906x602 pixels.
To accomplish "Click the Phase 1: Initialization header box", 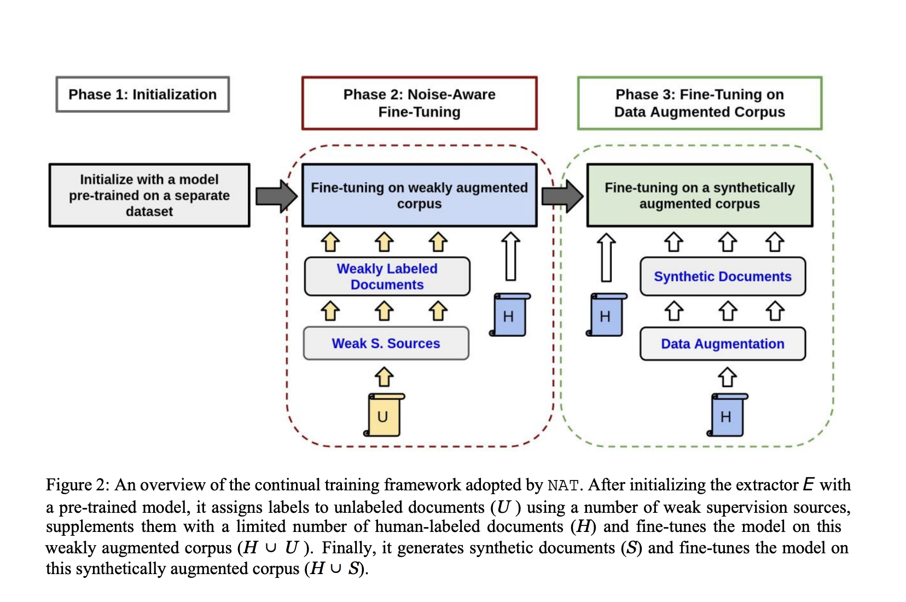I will click(x=142, y=94).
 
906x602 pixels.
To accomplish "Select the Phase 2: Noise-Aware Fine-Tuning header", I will click(x=419, y=103).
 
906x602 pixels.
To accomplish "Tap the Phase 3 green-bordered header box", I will click(x=699, y=103).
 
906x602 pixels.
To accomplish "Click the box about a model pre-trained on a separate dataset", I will click(x=149, y=195).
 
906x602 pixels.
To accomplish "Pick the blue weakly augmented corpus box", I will click(x=419, y=195).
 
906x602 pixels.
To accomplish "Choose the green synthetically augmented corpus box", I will click(x=699, y=195).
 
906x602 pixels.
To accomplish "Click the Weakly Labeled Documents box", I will click(x=387, y=276).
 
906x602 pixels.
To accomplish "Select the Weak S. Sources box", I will click(x=386, y=343).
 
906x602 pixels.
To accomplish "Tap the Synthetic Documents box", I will click(x=722, y=276).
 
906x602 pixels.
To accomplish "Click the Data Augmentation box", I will click(x=722, y=344).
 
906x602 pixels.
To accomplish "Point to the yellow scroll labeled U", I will click(x=384, y=415).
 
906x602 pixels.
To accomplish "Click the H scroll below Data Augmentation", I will click(x=727, y=415).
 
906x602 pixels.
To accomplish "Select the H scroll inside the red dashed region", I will click(x=509, y=315).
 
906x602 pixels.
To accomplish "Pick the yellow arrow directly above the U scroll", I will click(x=384, y=377).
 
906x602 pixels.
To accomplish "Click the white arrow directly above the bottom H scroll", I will click(x=727, y=377).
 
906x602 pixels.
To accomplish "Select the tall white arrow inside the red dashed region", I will click(x=510, y=256).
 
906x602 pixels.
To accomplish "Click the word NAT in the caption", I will click(x=562, y=485).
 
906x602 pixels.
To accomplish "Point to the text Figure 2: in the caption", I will click(x=77, y=485).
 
